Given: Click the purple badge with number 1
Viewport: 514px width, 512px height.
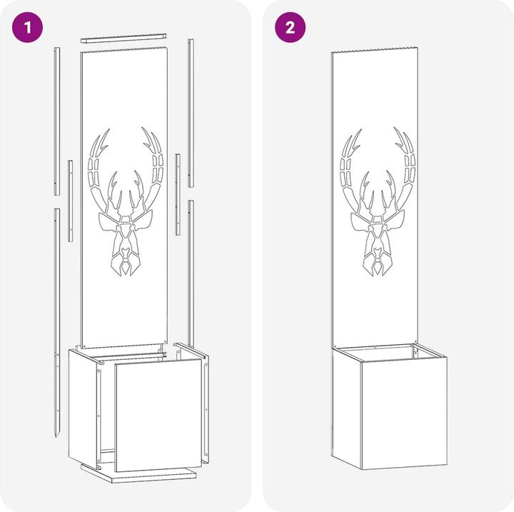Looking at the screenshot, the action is (x=28, y=28).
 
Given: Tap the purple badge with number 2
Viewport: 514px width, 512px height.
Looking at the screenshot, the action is (x=290, y=28).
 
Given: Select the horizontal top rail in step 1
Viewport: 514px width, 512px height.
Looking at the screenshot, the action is (x=125, y=37).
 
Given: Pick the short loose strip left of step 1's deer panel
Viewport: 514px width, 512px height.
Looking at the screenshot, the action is (x=70, y=201).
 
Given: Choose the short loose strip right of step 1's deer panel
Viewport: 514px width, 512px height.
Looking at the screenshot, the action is (x=178, y=194).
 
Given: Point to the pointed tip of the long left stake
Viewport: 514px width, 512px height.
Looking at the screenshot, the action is (x=56, y=438).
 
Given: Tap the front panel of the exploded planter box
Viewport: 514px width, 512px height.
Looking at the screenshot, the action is (x=158, y=414).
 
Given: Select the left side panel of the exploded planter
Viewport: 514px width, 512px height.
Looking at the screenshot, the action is (x=83, y=408).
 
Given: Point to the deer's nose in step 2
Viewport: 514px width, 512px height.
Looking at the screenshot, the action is (x=378, y=253).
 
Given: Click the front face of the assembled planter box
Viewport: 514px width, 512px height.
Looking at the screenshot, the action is (x=404, y=413).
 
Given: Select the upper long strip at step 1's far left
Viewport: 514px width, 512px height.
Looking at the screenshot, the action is (x=56, y=121).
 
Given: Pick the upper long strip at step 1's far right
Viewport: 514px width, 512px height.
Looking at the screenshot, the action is (x=191, y=113).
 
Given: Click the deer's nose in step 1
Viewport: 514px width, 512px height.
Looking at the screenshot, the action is (x=125, y=254).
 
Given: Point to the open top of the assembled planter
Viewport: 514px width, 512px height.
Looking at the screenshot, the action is (x=390, y=352).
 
